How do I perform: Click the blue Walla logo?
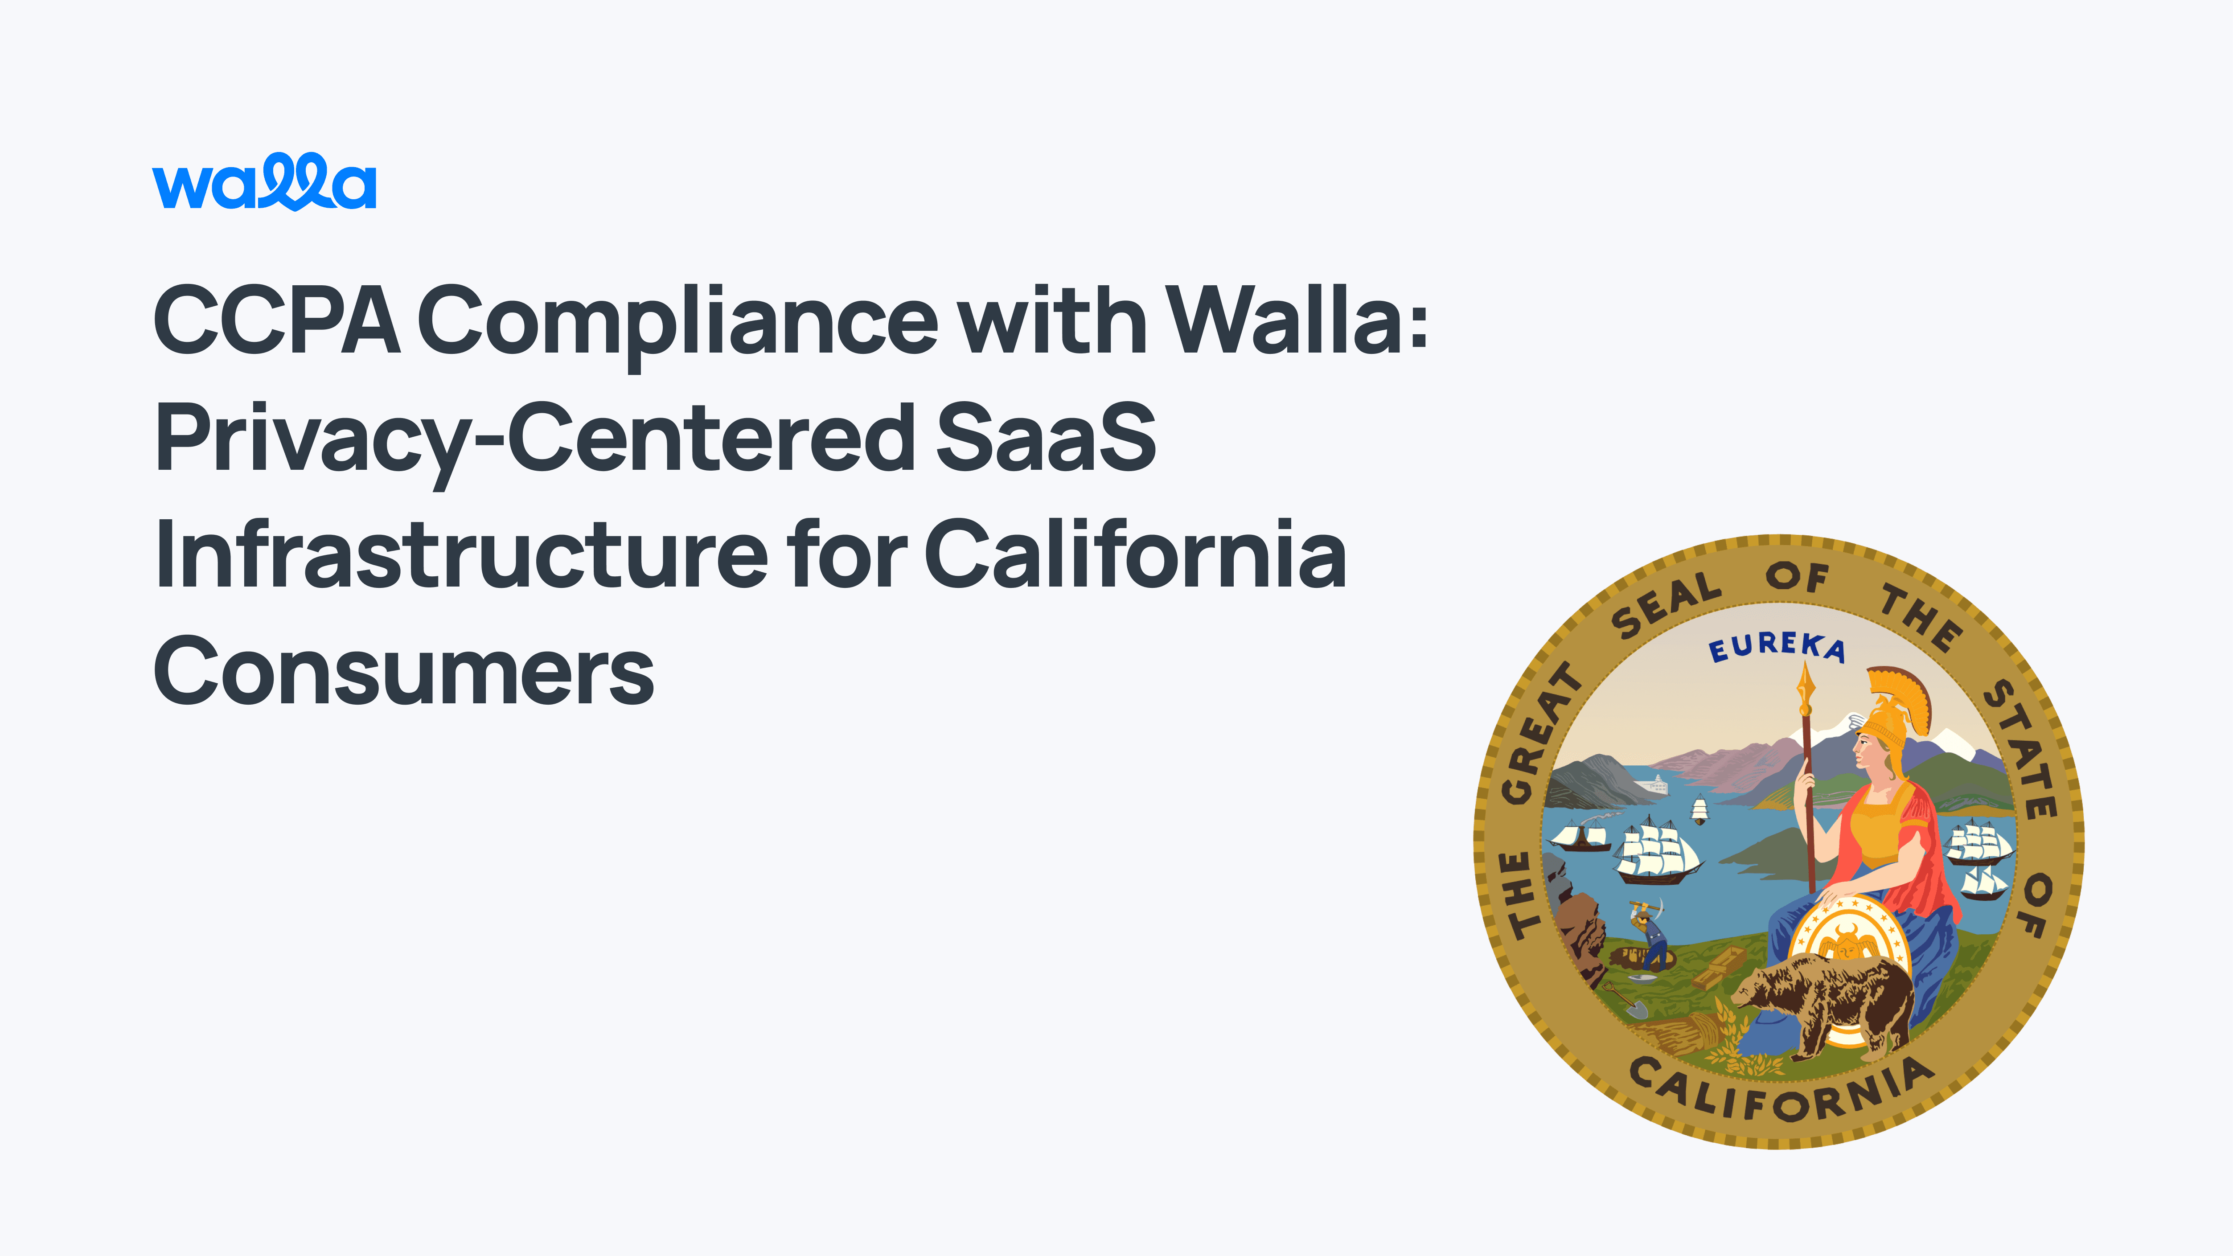pos(264,182)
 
